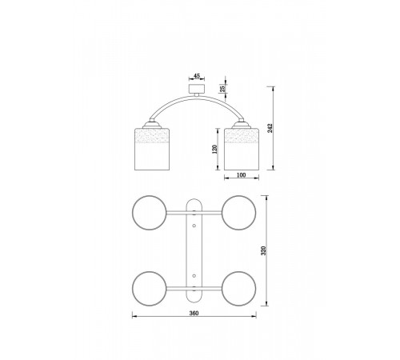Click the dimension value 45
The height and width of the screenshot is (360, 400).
click(x=197, y=76)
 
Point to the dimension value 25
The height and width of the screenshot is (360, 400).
click(x=222, y=88)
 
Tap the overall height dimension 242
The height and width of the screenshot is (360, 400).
click(x=270, y=129)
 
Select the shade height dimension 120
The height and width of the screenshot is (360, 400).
click(x=214, y=149)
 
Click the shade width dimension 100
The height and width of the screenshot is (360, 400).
click(x=241, y=175)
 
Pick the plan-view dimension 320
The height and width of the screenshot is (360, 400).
click(x=263, y=250)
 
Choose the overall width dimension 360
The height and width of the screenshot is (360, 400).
click(x=194, y=313)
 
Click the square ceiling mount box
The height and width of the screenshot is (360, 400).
click(x=197, y=89)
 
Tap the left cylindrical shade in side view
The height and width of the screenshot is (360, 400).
click(x=152, y=149)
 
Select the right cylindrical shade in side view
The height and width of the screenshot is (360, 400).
click(x=242, y=149)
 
